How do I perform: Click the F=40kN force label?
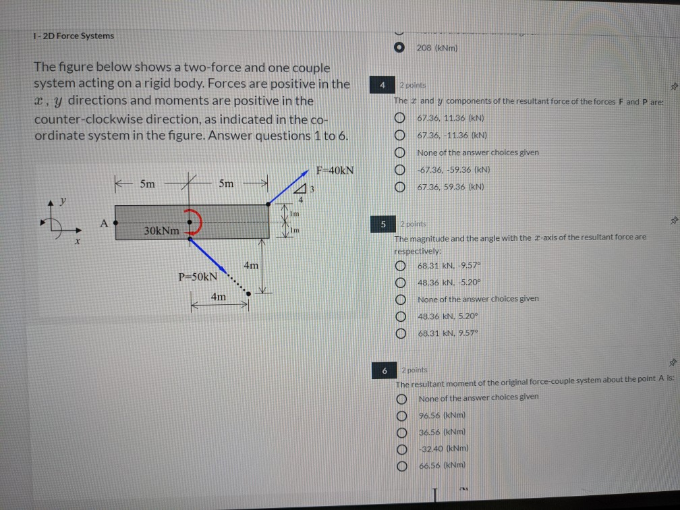pyautogui.click(x=335, y=169)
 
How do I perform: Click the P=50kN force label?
pyautogui.click(x=198, y=277)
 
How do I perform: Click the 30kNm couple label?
pyautogui.click(x=162, y=231)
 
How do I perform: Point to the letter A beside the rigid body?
pyautogui.click(x=104, y=221)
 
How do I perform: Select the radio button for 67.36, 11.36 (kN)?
pyautogui.click(x=401, y=117)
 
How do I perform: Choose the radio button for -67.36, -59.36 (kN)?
pyautogui.click(x=401, y=169)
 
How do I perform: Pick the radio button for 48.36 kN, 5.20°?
pyautogui.click(x=401, y=316)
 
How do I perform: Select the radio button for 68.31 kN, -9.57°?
pyautogui.click(x=401, y=266)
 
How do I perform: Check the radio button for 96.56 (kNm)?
pyautogui.click(x=402, y=415)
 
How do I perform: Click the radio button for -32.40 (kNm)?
pyautogui.click(x=402, y=448)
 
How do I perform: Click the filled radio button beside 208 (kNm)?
pyautogui.click(x=400, y=49)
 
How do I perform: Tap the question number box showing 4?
pyautogui.click(x=382, y=86)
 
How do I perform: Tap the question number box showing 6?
pyautogui.click(x=385, y=370)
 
